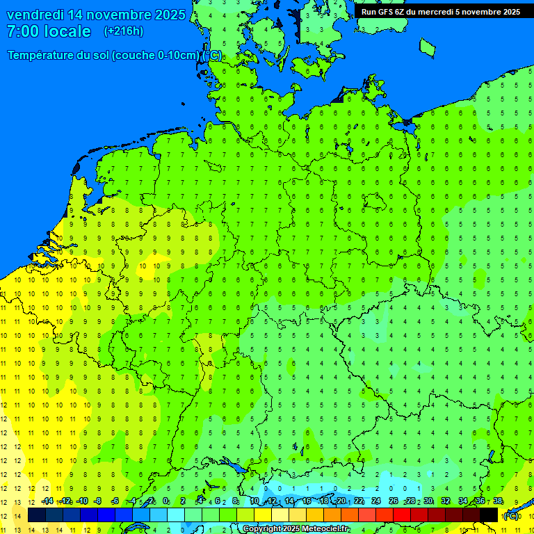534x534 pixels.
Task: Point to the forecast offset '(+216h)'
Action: [x=124, y=31]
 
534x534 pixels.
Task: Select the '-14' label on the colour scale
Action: [x=47, y=501]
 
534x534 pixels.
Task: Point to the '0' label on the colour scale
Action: [x=165, y=501]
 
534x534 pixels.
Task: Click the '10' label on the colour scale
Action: [x=254, y=501]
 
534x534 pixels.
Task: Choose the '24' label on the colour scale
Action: [x=376, y=501]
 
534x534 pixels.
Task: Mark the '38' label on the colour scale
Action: [x=498, y=501]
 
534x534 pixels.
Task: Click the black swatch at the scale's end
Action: [x=489, y=515]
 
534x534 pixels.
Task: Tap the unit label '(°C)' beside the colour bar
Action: [x=511, y=515]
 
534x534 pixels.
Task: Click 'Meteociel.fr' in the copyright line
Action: [x=321, y=529]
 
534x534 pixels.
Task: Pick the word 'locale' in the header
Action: [x=67, y=31]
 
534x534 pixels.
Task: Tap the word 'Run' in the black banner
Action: [x=369, y=11]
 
